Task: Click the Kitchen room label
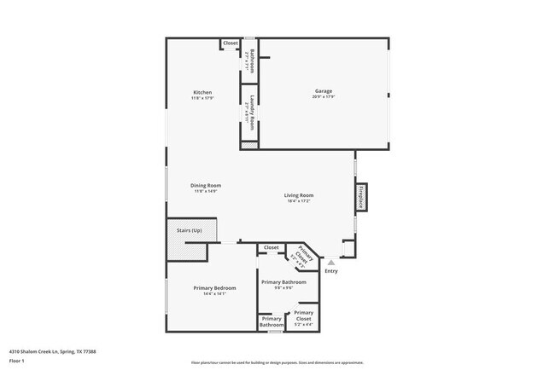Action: (202, 92)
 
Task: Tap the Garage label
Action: (323, 91)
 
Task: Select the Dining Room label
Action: (206, 185)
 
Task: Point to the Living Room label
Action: (299, 195)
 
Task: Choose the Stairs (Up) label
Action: (190, 230)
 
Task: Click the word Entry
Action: (330, 271)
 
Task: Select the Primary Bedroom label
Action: (214, 288)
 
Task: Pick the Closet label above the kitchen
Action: (231, 43)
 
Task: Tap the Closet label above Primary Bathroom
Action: (271, 247)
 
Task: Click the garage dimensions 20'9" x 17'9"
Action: (323, 97)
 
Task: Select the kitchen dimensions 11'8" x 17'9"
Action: (202, 98)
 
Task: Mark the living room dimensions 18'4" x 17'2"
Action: (299, 201)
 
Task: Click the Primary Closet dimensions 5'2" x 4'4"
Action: (304, 324)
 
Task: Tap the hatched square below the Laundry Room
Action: (249, 146)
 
